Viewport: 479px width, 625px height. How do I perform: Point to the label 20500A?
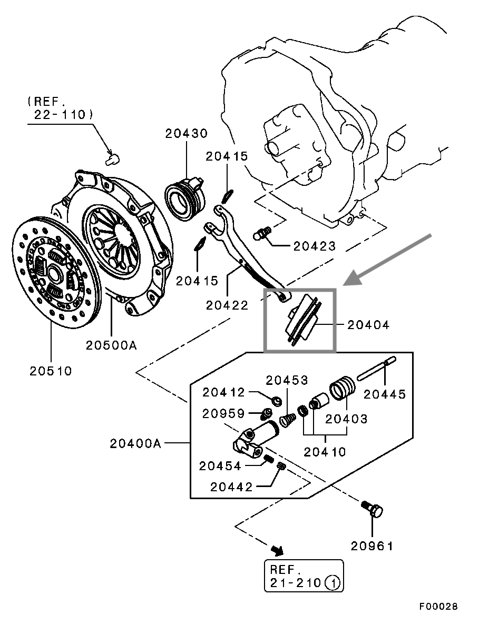(111, 345)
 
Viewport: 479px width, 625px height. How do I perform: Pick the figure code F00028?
(438, 606)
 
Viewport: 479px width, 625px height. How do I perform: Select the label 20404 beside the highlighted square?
(368, 325)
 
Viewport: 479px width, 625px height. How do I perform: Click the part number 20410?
(325, 452)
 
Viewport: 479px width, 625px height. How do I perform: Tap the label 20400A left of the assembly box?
(135, 443)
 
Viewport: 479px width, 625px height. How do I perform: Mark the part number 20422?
(227, 305)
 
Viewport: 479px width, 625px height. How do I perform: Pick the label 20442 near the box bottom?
(231, 487)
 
